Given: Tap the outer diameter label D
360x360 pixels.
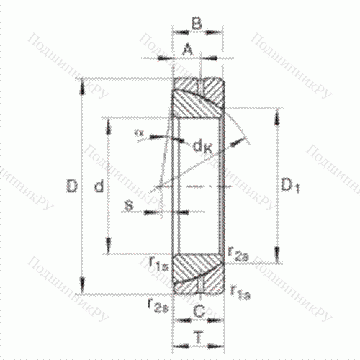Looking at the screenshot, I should click(x=71, y=187).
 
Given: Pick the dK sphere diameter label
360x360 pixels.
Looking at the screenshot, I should click(x=202, y=146).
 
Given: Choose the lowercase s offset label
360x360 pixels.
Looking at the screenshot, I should click(x=129, y=207).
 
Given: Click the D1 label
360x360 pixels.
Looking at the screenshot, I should click(x=289, y=187).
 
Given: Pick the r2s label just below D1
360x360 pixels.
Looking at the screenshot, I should click(x=238, y=252).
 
